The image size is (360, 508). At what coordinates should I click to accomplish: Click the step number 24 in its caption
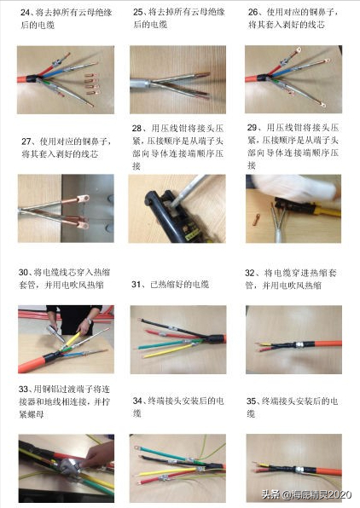[25, 13]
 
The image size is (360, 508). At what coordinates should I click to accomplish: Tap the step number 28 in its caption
[136, 129]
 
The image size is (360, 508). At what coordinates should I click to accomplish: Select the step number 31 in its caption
[136, 285]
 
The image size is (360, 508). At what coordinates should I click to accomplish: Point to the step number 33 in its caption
[23, 389]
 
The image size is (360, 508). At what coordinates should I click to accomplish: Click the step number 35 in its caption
[251, 401]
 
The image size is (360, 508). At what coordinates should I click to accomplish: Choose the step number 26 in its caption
[253, 12]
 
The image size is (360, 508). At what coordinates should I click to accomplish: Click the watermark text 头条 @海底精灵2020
[306, 494]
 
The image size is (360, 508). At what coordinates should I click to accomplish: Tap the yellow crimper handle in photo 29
[327, 211]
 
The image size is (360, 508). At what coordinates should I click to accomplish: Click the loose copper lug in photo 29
[256, 219]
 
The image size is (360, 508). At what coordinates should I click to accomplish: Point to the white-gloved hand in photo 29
[295, 187]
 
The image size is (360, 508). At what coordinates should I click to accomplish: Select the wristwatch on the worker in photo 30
[90, 321]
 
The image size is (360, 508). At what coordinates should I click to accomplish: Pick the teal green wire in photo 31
[162, 344]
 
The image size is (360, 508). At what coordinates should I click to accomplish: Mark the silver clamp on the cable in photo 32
[299, 344]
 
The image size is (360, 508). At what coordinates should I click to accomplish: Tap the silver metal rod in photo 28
[189, 191]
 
